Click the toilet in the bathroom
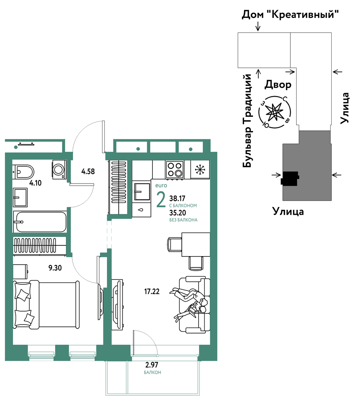pyautogui.click(x=23, y=171)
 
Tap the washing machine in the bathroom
pyautogui.click(x=59, y=169)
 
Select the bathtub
pyautogui.click(x=40, y=222)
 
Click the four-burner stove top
pyautogui.click(x=175, y=169)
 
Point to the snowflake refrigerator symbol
pyautogui.click(x=200, y=169)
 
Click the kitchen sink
pyautogui.click(x=142, y=192)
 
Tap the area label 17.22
pyautogui.click(x=152, y=291)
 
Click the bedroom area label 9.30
pyautogui.click(x=55, y=268)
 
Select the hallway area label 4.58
pyautogui.click(x=88, y=171)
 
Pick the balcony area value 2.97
pyautogui.click(x=152, y=364)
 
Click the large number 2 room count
pyautogui.click(x=161, y=200)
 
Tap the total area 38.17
pyautogui.click(x=177, y=198)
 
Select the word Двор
pyautogui.click(x=278, y=84)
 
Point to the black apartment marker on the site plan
pyautogui.click(x=290, y=178)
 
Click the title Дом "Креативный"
pyautogui.click(x=290, y=15)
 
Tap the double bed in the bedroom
pyautogui.click(x=46, y=304)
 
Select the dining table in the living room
pyautogui.click(x=196, y=244)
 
